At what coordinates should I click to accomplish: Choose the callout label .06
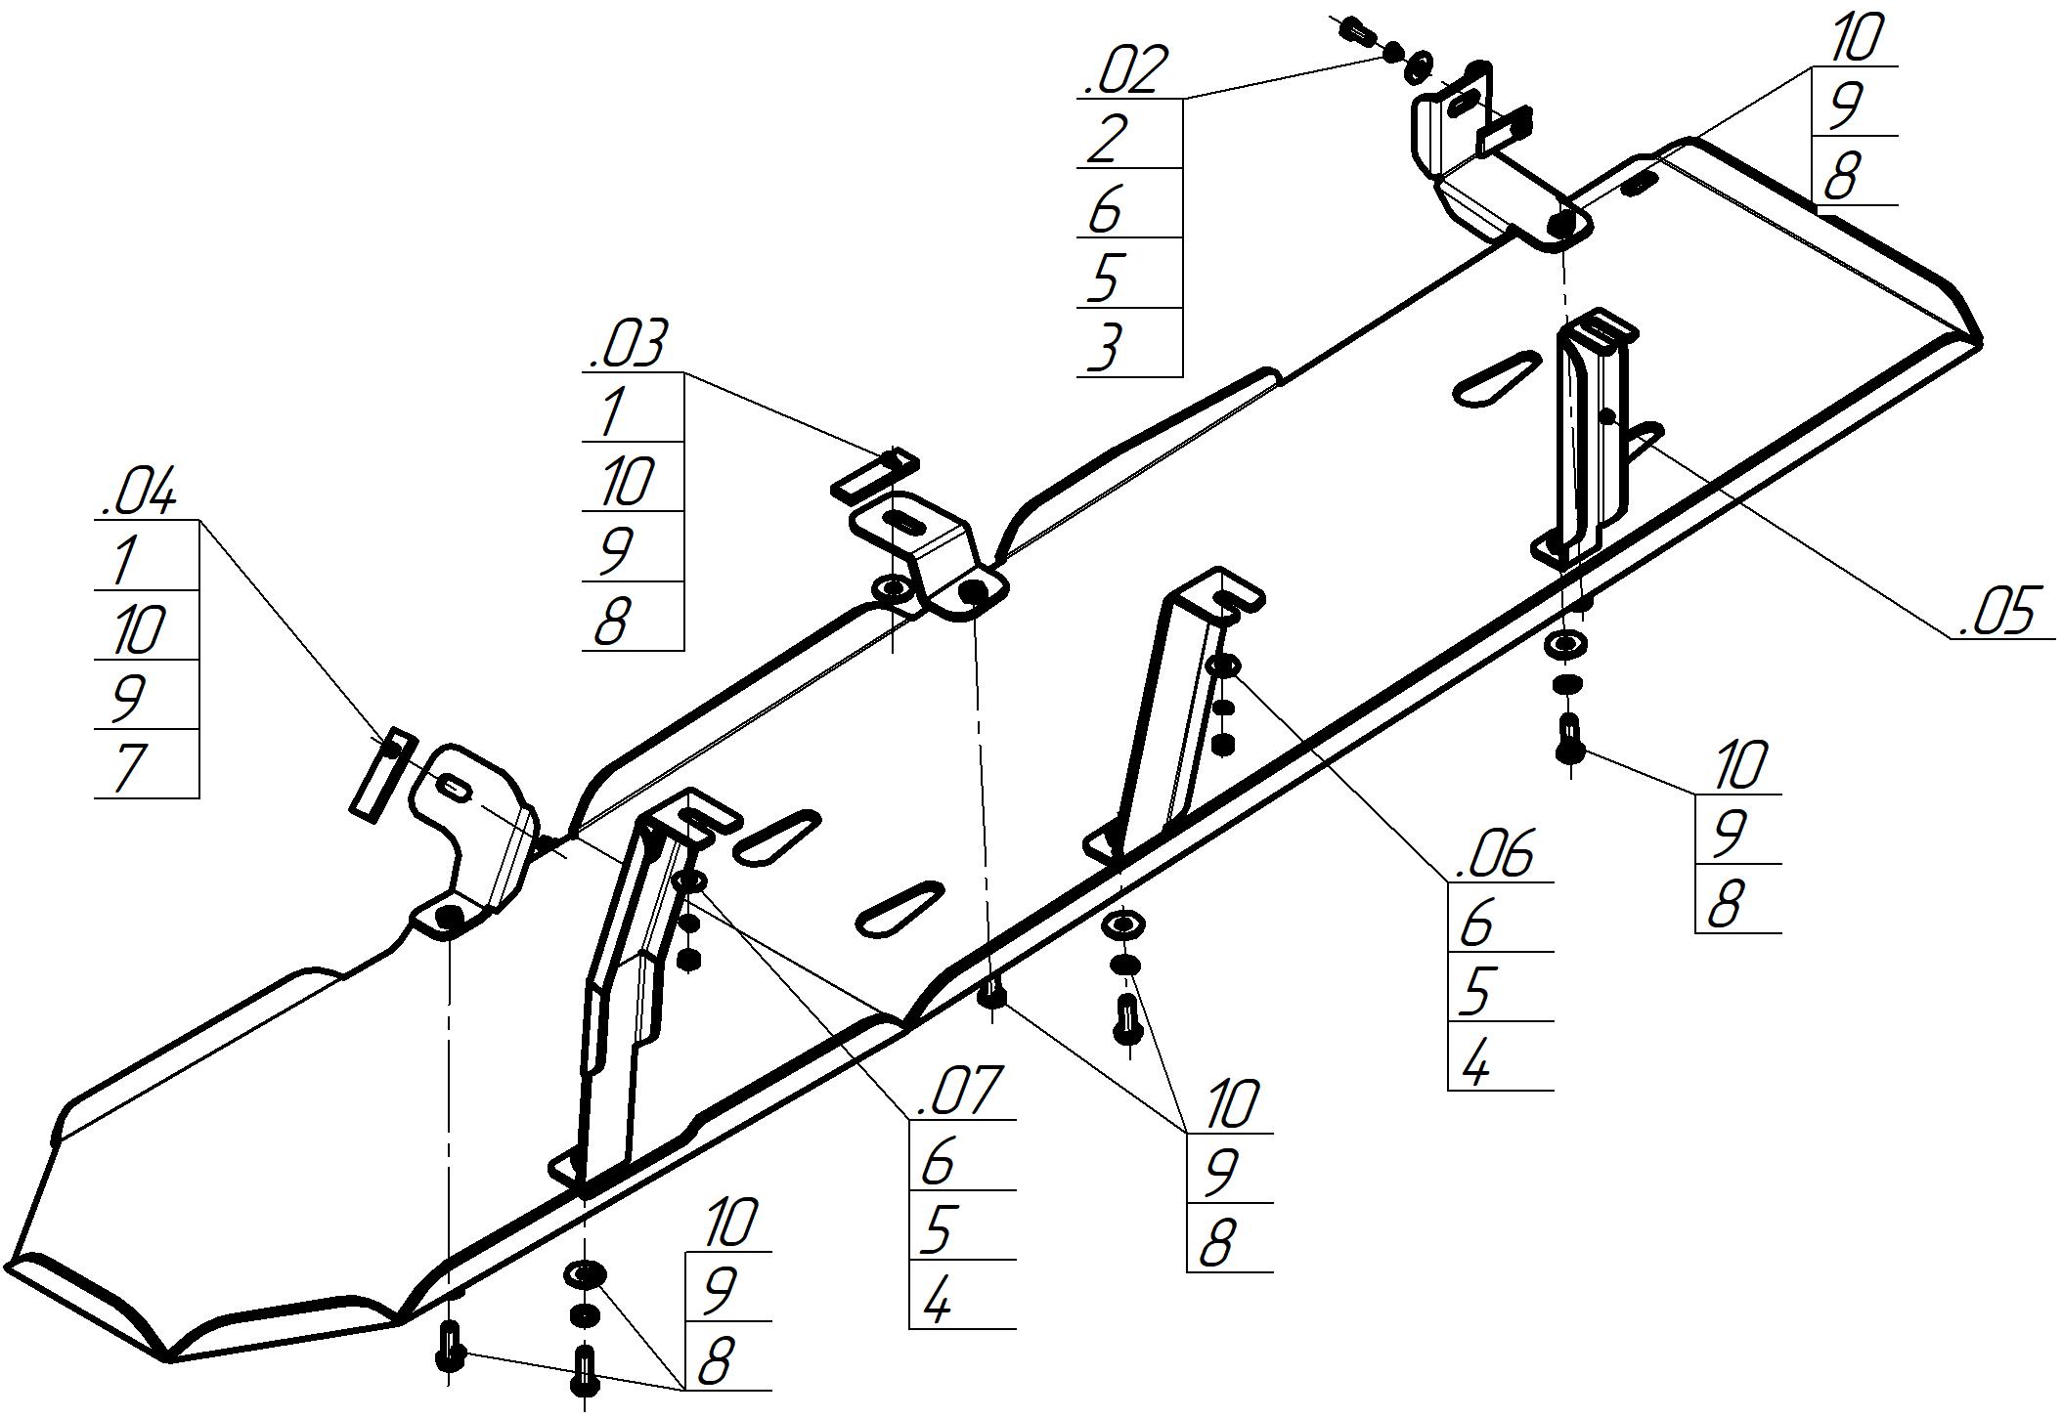[x=1495, y=855]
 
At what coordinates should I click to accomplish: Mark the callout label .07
[x=957, y=1093]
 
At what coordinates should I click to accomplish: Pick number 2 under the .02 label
[x=1107, y=140]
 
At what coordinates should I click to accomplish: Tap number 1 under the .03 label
[x=613, y=412]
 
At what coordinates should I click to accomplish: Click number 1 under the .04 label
[x=124, y=561]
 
